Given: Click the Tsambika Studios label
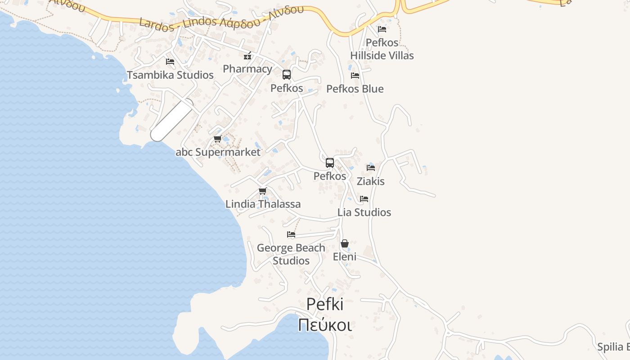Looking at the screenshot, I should pyautogui.click(x=170, y=75).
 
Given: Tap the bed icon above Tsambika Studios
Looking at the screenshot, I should pyautogui.click(x=170, y=62).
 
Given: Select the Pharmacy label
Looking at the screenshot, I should pyautogui.click(x=247, y=69).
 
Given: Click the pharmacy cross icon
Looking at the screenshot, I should pyautogui.click(x=247, y=56).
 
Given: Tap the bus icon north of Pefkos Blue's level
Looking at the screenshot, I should pyautogui.click(x=287, y=75).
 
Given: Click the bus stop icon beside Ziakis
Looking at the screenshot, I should pyautogui.click(x=330, y=163).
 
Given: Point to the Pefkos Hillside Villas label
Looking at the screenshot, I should pyautogui.click(x=382, y=49).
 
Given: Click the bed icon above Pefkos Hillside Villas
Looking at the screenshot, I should pyautogui.click(x=382, y=29).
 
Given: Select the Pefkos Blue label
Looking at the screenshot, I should pyautogui.click(x=355, y=89).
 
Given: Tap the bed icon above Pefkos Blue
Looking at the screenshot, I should pyautogui.click(x=355, y=76).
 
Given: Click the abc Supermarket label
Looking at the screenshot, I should pyautogui.click(x=218, y=152).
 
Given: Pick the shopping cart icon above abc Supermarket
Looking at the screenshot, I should pyautogui.click(x=218, y=139).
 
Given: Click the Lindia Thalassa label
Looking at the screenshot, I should pyautogui.click(x=263, y=204).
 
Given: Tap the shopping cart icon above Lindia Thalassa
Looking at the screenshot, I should pyautogui.click(x=263, y=191).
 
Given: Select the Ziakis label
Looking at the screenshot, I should pyautogui.click(x=371, y=181).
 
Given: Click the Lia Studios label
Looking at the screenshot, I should pyautogui.click(x=364, y=212).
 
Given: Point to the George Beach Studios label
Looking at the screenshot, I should pyautogui.click(x=291, y=254).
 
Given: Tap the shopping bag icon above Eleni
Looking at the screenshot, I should pyautogui.click(x=345, y=243).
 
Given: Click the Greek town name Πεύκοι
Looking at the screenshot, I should pyautogui.click(x=325, y=324).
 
